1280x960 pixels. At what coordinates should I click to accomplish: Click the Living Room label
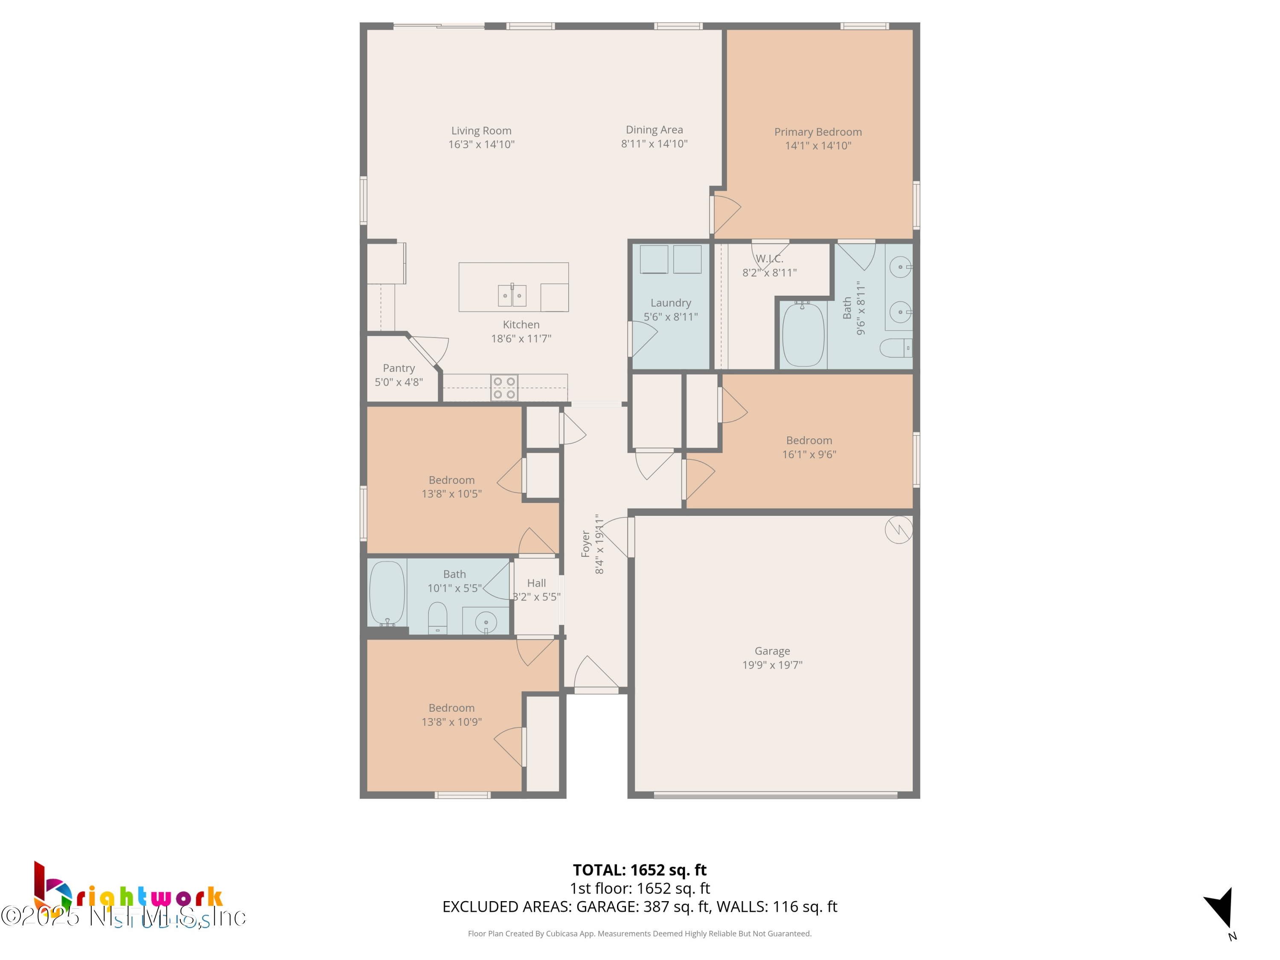pos(481,131)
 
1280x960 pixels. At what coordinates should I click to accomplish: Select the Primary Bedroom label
pos(817,132)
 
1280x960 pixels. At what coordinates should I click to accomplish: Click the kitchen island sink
pos(512,295)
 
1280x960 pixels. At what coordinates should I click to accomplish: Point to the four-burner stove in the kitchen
pos(504,388)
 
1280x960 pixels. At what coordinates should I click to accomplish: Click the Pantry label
pos(399,368)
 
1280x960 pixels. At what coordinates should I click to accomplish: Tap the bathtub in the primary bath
pos(803,335)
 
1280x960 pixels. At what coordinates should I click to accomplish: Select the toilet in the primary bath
pos(895,348)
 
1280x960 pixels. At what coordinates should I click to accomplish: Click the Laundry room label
pos(671,303)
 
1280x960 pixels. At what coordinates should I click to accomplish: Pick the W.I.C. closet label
pos(769,259)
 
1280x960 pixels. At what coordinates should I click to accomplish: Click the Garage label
pos(772,651)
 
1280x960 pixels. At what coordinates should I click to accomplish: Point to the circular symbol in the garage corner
pos(899,529)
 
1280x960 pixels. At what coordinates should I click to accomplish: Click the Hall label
pos(536,583)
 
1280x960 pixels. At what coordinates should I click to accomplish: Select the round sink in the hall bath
pos(486,623)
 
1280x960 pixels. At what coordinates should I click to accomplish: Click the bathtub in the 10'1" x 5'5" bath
pos(387,593)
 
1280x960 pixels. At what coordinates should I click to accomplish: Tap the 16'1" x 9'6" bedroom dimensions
pos(809,455)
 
